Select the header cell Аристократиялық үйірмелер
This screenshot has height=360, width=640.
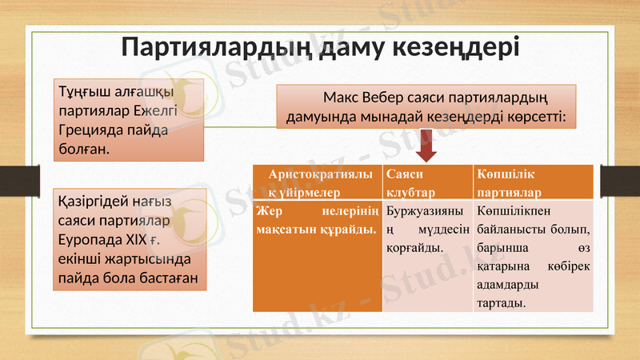pos(318,182)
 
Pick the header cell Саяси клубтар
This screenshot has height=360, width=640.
pos(426,182)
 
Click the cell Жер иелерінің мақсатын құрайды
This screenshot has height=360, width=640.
pos(318,221)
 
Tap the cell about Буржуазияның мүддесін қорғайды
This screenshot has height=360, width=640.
pos(426,230)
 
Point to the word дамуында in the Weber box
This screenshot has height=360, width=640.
pos(318,118)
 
